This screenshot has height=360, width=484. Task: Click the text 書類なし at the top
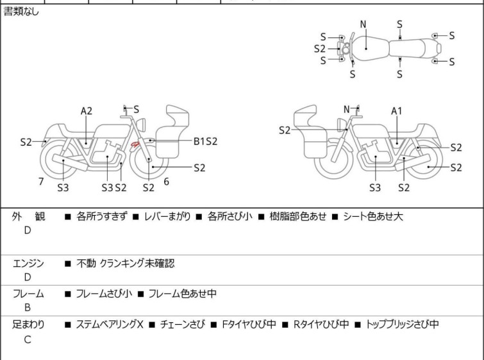[21, 12]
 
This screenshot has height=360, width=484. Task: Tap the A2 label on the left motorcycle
[87, 111]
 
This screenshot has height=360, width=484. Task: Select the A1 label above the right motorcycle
[397, 111]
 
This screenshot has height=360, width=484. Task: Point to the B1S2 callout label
[205, 141]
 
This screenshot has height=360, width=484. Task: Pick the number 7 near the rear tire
[41, 182]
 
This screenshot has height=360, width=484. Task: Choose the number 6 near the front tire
[167, 182]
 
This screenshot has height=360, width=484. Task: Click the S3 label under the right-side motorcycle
[375, 188]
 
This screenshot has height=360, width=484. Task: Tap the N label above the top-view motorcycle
[363, 24]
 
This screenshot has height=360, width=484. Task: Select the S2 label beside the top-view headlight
[320, 48]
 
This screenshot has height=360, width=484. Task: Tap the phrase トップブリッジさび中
[403, 325]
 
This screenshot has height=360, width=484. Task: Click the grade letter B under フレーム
[28, 307]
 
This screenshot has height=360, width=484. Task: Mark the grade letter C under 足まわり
[28, 339]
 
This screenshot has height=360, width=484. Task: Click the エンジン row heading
[29, 263]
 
